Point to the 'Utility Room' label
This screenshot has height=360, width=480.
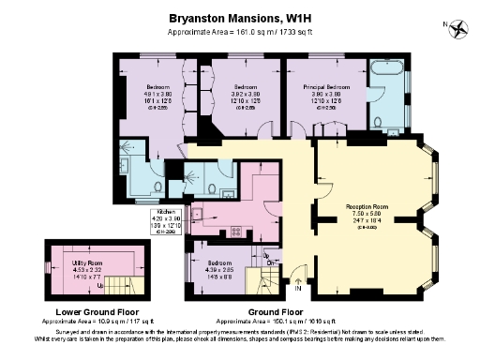pyautogui.click(x=87, y=264)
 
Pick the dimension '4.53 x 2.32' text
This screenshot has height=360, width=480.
pyautogui.click(x=87, y=271)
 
